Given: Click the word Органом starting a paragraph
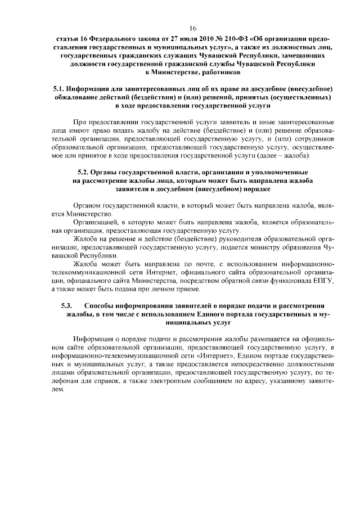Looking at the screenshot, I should pos(87,206).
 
